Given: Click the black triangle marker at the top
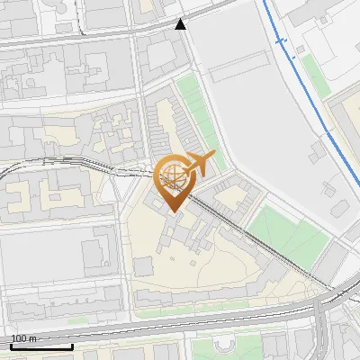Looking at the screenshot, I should coord(182,24).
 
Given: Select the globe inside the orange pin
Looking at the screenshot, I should coord(171,177).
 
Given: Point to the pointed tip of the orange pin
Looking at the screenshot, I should coord(171,211).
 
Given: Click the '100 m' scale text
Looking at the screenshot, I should coord(23,338).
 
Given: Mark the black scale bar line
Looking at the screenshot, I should coord(41,346).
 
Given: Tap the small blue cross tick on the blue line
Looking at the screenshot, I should coord(281,41).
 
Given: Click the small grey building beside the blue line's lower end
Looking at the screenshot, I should coord(338,207).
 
